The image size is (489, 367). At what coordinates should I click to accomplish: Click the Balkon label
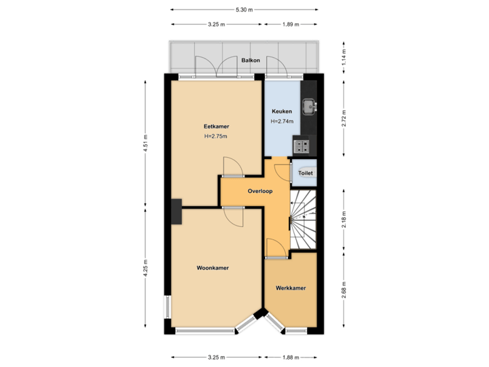[x=251, y=60]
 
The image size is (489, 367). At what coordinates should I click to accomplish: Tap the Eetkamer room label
[x=216, y=126]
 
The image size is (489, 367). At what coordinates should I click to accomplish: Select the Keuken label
[x=282, y=111]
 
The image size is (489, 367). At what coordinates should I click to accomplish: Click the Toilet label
[x=306, y=173]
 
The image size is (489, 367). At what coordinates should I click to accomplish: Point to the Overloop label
[x=260, y=191]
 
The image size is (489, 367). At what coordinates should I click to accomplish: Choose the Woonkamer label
[x=213, y=268]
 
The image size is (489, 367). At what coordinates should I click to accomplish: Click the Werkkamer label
[x=291, y=288]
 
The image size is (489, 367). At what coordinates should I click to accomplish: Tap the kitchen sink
[x=309, y=106]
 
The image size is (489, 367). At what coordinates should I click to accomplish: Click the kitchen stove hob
[x=301, y=144]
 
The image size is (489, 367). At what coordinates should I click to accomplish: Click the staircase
[x=303, y=218]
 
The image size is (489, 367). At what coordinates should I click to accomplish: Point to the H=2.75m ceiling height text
[x=215, y=137]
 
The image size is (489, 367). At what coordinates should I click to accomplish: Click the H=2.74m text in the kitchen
[x=282, y=122]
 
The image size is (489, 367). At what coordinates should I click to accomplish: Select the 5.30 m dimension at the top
[x=244, y=10]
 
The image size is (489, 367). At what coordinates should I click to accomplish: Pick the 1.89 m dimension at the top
[x=291, y=24]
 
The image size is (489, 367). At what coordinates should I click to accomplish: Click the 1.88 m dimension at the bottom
[x=290, y=357]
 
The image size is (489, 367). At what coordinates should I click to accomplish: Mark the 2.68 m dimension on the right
[x=344, y=291]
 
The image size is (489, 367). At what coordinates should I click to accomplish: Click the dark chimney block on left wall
[x=177, y=211]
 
